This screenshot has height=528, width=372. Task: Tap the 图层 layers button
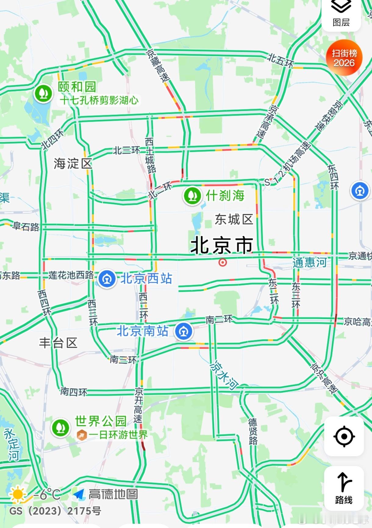(x=341, y=14)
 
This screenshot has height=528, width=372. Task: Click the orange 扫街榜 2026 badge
(x=344, y=58)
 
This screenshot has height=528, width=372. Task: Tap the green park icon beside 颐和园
(x=44, y=93)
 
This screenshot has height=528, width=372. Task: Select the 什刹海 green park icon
(x=192, y=196)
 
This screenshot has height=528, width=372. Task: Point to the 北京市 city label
(x=222, y=245)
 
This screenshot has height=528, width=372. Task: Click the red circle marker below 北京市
(x=223, y=262)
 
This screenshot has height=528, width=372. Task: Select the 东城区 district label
(x=234, y=219)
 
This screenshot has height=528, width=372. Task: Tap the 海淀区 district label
(x=73, y=164)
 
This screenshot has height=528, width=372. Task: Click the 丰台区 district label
(x=58, y=343)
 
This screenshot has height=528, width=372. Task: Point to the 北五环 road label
(x=281, y=60)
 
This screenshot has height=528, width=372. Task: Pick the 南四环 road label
(x=74, y=392)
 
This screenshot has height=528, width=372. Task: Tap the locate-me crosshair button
(x=344, y=436)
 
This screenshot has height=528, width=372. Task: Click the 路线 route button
(x=344, y=488)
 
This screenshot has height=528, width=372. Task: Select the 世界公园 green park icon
(x=60, y=428)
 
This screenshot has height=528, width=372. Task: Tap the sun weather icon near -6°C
(x=17, y=494)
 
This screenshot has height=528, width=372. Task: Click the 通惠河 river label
(x=309, y=262)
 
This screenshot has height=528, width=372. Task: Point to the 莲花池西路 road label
(x=71, y=275)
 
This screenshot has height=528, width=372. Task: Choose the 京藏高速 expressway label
(x=158, y=66)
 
